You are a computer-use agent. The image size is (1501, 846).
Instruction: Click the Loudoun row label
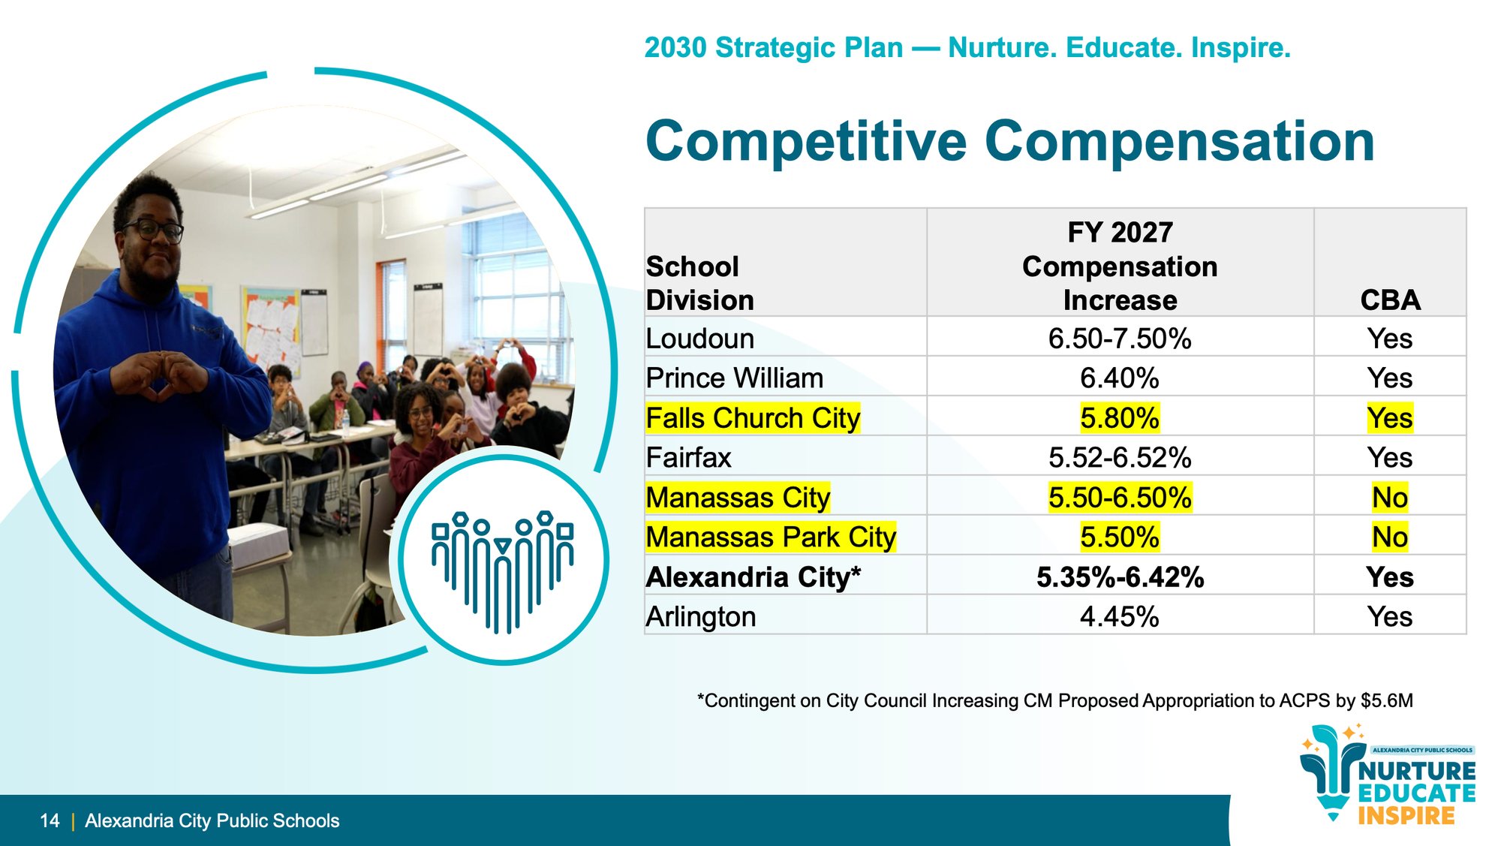pyautogui.click(x=699, y=339)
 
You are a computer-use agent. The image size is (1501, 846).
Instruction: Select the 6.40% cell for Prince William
pyautogui.click(x=1120, y=378)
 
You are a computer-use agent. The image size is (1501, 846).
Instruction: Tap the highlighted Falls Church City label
pyautogui.click(x=753, y=418)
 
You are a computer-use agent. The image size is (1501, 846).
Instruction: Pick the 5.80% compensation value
pyautogui.click(x=1120, y=418)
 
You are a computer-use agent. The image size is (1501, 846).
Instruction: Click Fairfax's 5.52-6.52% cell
pyautogui.click(x=1120, y=458)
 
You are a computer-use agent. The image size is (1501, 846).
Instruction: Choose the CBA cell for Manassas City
pyautogui.click(x=1390, y=498)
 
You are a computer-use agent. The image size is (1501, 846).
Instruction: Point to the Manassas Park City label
pyautogui.click(x=771, y=537)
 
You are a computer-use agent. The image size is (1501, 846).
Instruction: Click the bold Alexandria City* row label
pyautogui.click(x=754, y=577)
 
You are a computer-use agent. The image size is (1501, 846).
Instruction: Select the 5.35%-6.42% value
pyautogui.click(x=1120, y=577)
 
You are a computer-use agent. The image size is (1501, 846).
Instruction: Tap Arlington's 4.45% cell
pyautogui.click(x=1120, y=617)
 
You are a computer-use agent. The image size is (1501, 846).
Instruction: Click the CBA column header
pyautogui.click(x=1390, y=300)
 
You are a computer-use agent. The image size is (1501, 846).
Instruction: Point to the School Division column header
pyautogui.click(x=699, y=284)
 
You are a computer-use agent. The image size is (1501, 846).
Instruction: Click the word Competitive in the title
pyautogui.click(x=806, y=141)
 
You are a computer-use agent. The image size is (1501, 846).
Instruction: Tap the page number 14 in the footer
pyautogui.click(x=50, y=820)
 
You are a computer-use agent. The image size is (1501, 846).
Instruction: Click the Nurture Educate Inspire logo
pyautogui.click(x=1387, y=774)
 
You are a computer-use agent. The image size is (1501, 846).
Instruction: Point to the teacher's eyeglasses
pyautogui.click(x=155, y=230)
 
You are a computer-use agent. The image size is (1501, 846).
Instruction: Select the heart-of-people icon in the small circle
pyautogui.click(x=503, y=570)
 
